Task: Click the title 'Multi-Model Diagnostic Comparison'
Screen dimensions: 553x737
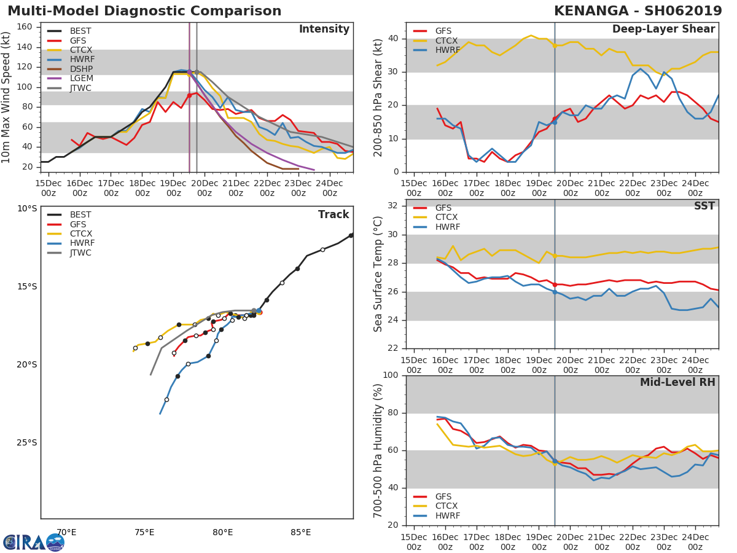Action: (144, 11)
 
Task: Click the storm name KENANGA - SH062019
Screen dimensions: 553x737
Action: (638, 11)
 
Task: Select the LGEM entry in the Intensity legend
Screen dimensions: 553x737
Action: (80, 78)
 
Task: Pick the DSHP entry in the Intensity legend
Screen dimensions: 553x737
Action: (80, 69)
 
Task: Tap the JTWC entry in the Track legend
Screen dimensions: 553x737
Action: (80, 253)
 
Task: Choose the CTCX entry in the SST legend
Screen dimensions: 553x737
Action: (446, 218)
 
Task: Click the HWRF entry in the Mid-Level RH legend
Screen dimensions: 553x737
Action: (446, 516)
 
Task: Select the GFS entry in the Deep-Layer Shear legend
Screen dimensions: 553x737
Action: (443, 31)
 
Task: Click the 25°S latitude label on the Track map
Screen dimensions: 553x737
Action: (27, 442)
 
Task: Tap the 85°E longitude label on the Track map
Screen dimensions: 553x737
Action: (301, 532)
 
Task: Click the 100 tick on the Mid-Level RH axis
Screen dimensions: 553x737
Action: (392, 375)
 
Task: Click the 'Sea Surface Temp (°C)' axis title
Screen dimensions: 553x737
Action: (378, 274)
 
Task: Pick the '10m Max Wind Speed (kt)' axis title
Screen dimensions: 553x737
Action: (7, 97)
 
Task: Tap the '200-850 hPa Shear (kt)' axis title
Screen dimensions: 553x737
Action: (378, 97)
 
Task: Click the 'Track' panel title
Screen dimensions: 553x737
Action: (333, 214)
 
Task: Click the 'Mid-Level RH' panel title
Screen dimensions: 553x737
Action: (677, 382)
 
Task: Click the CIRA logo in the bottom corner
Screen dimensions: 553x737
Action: (34, 542)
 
